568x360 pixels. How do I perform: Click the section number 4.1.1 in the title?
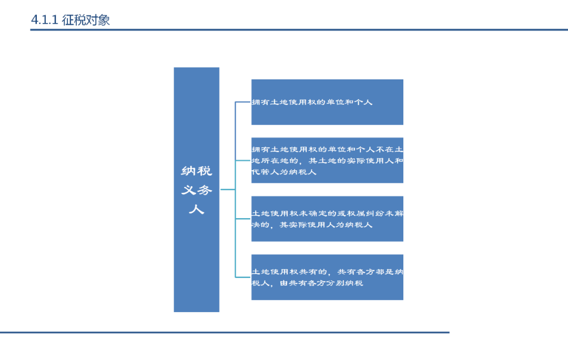(x=44, y=20)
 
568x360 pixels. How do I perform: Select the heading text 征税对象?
(x=85, y=20)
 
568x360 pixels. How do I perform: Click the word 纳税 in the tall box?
(x=197, y=171)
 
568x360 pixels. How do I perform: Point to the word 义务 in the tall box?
(x=197, y=190)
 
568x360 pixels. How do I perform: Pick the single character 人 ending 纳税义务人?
(x=197, y=209)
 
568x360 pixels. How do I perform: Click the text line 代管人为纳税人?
(x=284, y=172)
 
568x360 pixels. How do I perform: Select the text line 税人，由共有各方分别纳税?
(x=308, y=283)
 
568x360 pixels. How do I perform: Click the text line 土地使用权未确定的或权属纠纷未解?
(x=327, y=213)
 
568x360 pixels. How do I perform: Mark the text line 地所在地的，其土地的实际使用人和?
(x=327, y=160)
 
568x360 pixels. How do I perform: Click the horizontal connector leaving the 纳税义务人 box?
(x=227, y=189)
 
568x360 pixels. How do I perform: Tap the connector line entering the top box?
(x=243, y=102)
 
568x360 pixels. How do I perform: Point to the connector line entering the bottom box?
(x=243, y=277)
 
